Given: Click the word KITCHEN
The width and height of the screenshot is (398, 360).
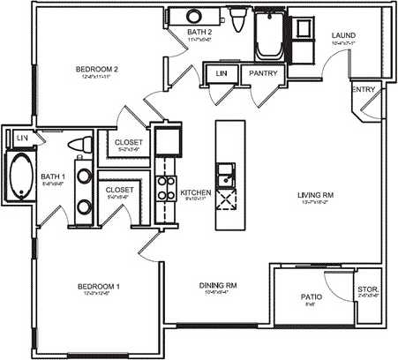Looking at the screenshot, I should pyautogui.click(x=193, y=191).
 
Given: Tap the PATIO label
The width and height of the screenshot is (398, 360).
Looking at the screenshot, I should pyautogui.click(x=309, y=297).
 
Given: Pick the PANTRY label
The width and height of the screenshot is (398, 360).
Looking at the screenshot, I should pyautogui.click(x=265, y=74).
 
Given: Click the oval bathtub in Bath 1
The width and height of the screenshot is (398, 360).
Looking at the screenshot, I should pyautogui.click(x=20, y=176).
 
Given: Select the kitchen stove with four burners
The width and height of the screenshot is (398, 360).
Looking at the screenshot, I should pyautogui.click(x=164, y=186).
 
